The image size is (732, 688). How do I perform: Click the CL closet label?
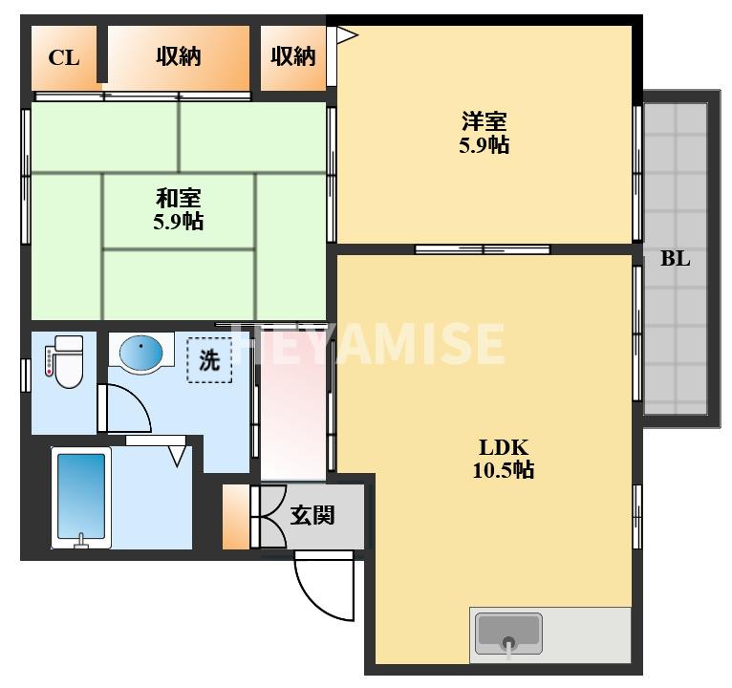(64, 58)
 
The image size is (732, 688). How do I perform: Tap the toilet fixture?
(65, 362)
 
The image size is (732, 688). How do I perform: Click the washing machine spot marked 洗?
(209, 360)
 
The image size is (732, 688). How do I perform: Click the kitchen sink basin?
(508, 634)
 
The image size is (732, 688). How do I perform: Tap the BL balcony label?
(675, 259)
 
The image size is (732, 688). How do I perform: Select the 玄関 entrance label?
(312, 516)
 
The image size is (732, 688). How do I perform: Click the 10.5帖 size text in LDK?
(504, 469)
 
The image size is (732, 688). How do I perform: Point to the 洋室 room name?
(484, 121)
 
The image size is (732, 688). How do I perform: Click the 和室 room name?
(179, 199)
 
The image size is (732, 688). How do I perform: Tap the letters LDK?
(504, 447)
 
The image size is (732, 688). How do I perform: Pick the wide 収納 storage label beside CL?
(179, 57)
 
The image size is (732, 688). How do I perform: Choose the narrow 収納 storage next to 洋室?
(293, 57)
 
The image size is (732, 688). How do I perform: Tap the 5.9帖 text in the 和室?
(179, 222)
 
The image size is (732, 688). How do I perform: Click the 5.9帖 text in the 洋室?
(484, 144)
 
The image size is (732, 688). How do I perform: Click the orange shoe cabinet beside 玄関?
(236, 517)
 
